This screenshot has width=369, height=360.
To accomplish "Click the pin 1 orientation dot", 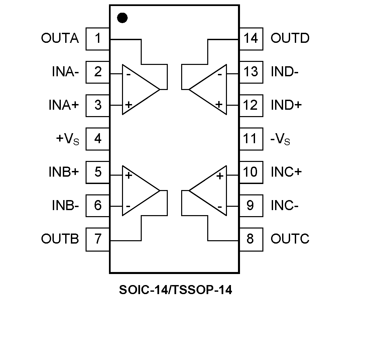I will pos(123,18).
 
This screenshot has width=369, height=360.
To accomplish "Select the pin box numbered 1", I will pos(98,38).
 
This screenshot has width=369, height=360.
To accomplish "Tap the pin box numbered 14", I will pos(251,38).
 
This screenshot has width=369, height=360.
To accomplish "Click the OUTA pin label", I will pos(60,38).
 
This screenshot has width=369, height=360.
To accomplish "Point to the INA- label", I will pos(65,72).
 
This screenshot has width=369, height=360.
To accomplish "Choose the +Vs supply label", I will pos(68,139).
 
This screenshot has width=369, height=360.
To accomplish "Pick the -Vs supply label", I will pos(280,139).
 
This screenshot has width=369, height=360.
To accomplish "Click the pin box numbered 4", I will pos(98,139).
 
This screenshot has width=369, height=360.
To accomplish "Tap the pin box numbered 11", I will pos(251,139).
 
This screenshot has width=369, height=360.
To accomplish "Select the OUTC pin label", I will pos(290,239).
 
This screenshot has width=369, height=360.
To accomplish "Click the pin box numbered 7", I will pos(98,239).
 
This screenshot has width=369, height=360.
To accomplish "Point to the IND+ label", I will pos(286,105).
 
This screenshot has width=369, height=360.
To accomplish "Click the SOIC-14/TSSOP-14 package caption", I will pos(175,290).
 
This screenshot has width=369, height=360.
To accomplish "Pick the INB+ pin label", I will pos(64,172).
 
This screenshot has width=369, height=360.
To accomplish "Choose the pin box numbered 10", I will pos(251,172).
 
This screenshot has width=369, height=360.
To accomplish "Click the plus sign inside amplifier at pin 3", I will pos(128,105).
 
